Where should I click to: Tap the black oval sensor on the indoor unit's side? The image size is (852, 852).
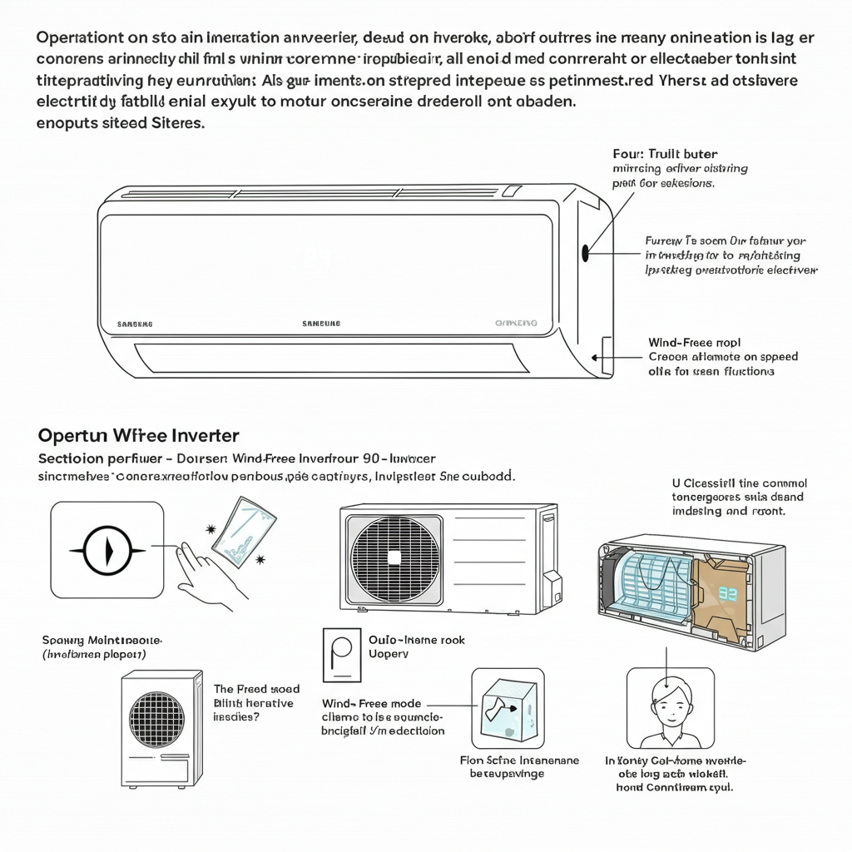coord(585,254)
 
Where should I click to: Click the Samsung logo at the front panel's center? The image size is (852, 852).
coord(320,323)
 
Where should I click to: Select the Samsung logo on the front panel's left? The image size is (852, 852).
coord(135,323)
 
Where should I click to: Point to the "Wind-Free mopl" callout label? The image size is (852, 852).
coord(694,342)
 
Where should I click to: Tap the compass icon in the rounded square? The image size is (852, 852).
coord(107,550)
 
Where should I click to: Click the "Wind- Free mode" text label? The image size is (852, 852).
coord(371,704)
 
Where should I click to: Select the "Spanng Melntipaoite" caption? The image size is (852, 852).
coord(102,641)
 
